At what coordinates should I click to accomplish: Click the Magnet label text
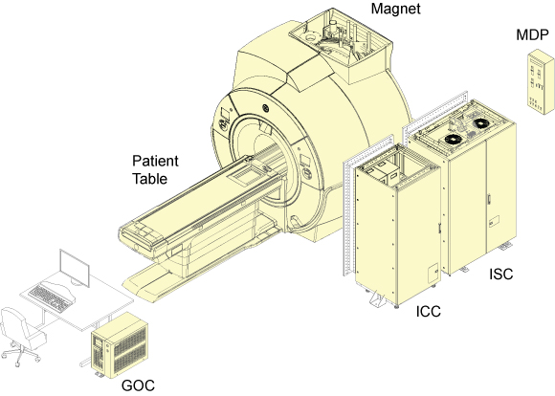pos(395,9)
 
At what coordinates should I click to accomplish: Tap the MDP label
pos(532,35)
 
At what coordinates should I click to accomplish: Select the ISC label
pos(500,274)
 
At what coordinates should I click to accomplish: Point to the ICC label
pos(429,312)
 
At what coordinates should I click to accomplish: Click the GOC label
pos(138,385)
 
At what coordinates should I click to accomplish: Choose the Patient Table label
pos(155,170)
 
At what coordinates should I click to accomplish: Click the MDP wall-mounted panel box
pos(540,82)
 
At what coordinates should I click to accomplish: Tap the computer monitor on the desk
pos(75,268)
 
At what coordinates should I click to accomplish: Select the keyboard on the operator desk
pos(52,298)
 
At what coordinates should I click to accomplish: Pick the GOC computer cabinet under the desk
pos(120,345)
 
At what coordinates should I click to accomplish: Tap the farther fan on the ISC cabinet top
pos(481,123)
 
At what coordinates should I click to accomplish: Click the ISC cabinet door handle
pos(490,199)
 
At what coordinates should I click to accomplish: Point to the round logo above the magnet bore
pos(265,108)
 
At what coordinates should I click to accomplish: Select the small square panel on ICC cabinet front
pos(433,274)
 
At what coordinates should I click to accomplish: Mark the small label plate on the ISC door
pos(494,222)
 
